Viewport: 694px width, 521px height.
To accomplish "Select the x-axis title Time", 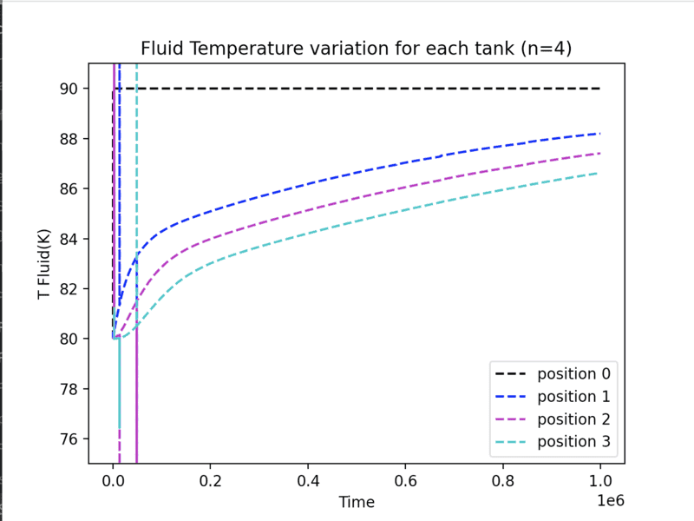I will coord(357,502).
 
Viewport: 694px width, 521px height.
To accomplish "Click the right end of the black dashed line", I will coord(600,89).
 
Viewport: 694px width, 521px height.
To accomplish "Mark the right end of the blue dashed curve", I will coord(600,133).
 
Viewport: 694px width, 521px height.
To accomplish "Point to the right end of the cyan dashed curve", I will coord(600,173).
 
